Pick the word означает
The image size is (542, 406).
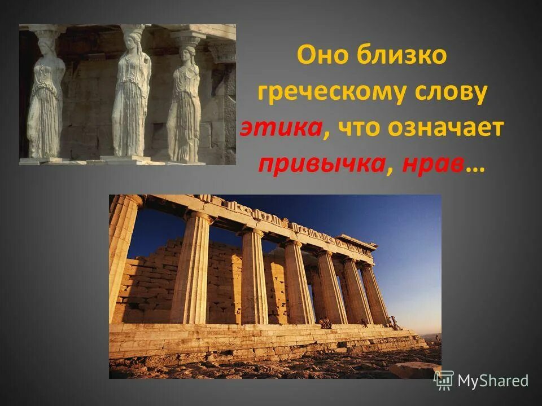pyautogui.click(x=445, y=128)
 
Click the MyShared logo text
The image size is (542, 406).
pyautogui.click(x=493, y=381)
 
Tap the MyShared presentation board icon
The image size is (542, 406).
pyautogui.click(x=444, y=379)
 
